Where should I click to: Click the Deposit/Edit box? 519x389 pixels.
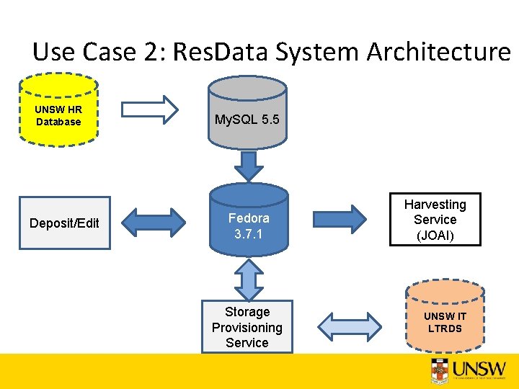(65, 223)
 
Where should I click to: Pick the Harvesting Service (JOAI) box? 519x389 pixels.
(435, 220)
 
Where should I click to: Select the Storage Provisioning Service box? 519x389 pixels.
(247, 327)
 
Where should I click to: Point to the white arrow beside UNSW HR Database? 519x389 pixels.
(149, 109)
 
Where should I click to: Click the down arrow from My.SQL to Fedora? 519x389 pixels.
(249, 166)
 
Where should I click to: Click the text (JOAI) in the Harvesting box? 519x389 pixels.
(435, 236)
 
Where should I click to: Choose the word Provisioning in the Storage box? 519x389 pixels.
(247, 327)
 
